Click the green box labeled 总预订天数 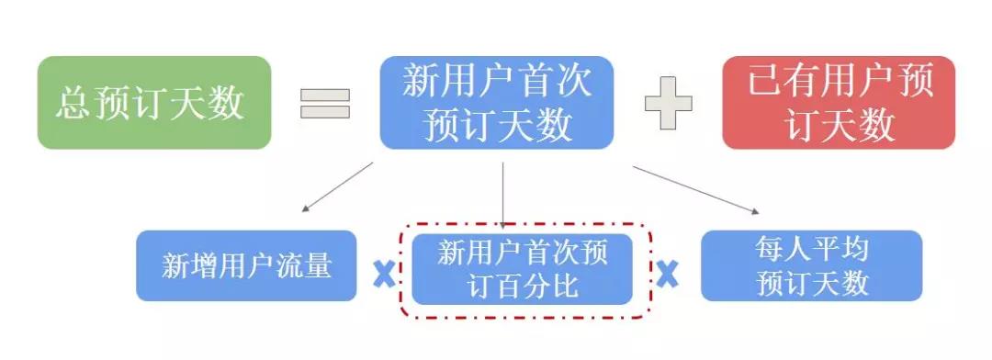154,103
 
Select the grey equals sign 325,103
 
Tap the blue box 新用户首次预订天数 497,103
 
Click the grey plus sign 668,103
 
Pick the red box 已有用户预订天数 839,103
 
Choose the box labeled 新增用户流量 246,266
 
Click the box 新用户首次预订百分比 522,269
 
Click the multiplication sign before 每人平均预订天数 667,273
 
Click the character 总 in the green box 73,103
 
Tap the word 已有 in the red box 778,84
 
